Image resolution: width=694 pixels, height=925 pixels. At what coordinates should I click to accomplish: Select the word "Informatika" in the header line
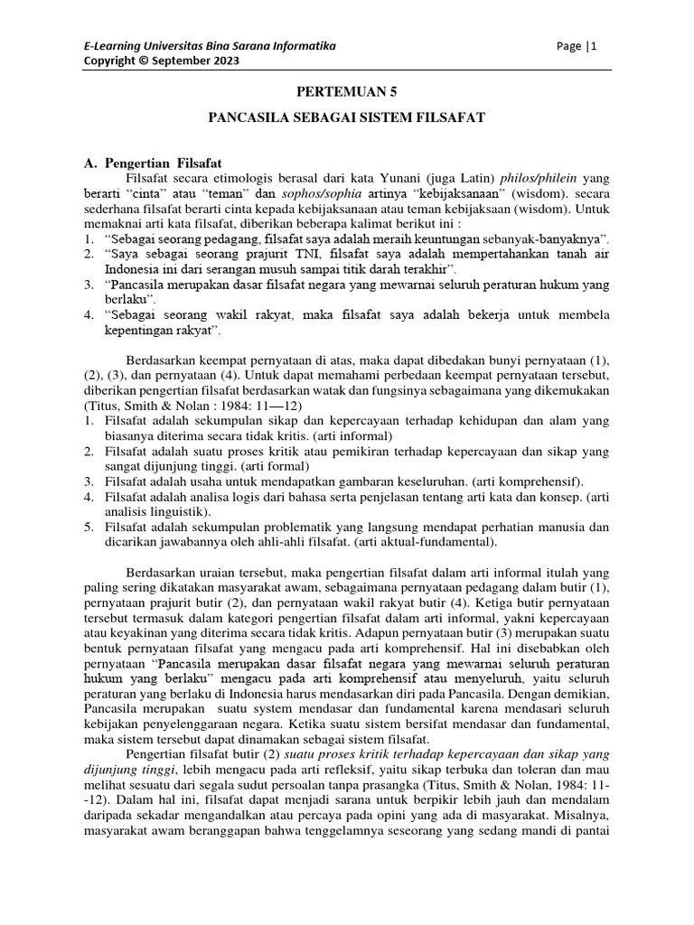coord(302,46)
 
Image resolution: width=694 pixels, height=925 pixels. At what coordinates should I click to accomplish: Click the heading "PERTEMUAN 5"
coord(347,92)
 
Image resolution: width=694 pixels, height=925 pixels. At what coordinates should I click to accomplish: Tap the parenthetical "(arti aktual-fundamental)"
coord(418,542)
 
